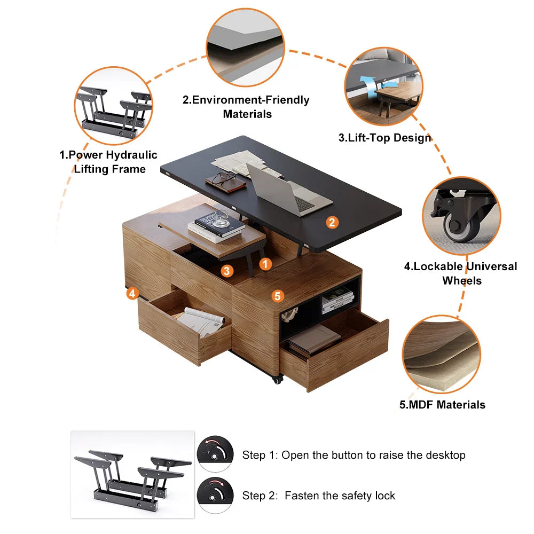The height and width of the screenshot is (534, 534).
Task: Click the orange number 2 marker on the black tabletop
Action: pyautogui.click(x=332, y=222)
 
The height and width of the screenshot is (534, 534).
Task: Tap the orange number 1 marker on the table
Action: pyautogui.click(x=265, y=263)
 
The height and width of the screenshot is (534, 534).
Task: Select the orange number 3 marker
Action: pyautogui.click(x=227, y=271)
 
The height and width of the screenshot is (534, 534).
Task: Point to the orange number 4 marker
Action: pyautogui.click(x=132, y=293)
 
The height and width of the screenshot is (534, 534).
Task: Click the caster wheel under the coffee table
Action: pyautogui.click(x=277, y=379)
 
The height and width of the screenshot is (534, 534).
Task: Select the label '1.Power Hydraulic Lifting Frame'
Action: pyautogui.click(x=108, y=162)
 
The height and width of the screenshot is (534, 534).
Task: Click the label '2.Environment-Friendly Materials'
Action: pyautogui.click(x=247, y=107)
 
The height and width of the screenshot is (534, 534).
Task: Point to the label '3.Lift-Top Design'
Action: pyautogui.click(x=384, y=138)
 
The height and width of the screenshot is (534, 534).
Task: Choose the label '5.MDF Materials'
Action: pyautogui.click(x=442, y=404)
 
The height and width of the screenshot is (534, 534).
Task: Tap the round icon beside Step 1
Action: pyautogui.click(x=215, y=454)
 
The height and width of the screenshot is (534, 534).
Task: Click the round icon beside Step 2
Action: pyautogui.click(x=215, y=494)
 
